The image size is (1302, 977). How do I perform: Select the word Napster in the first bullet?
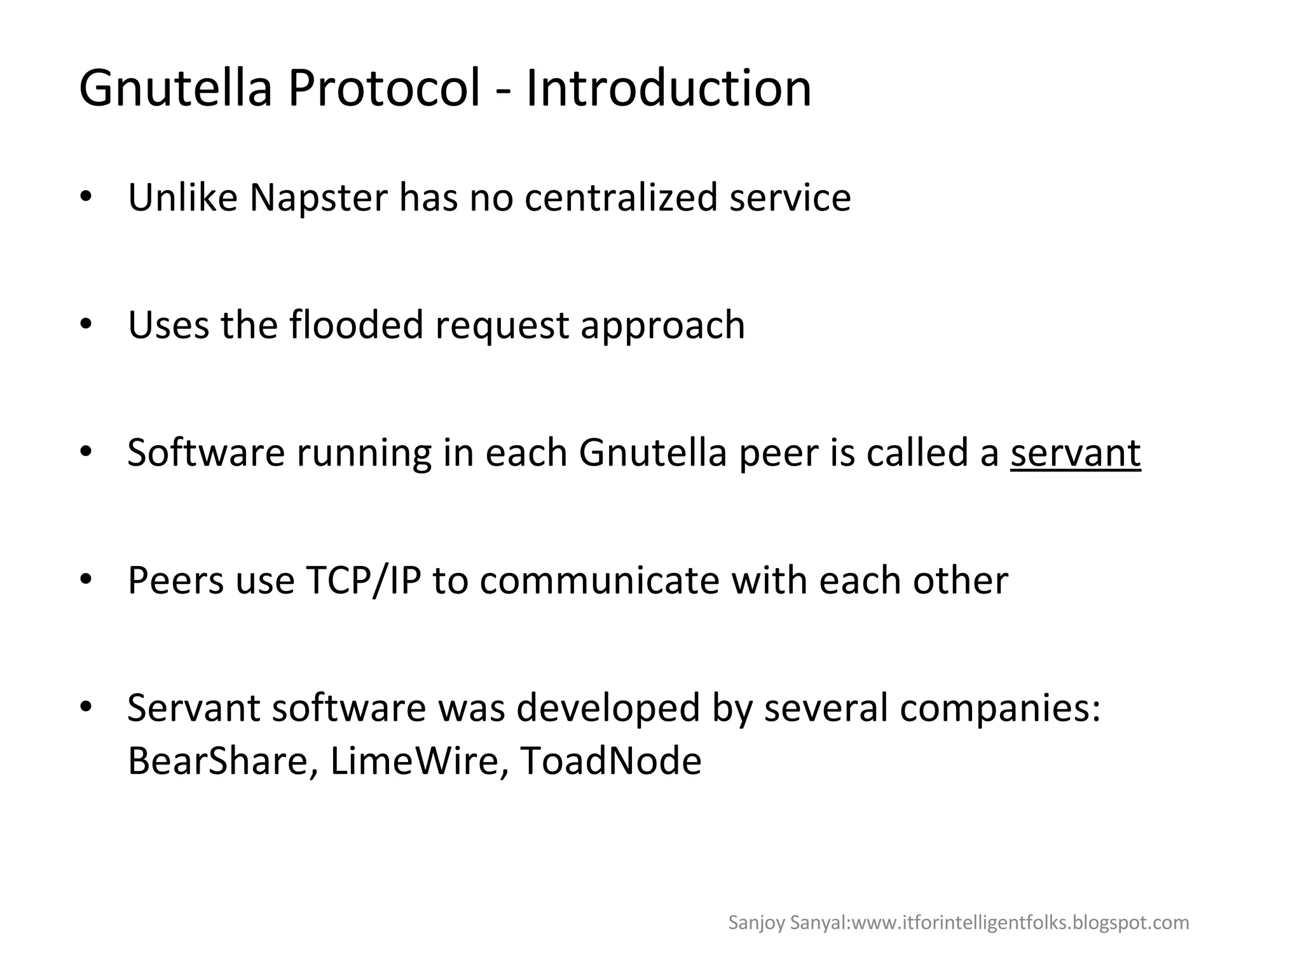pos(319,197)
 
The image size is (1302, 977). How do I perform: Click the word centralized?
pos(620,197)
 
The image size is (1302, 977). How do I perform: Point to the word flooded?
pos(356,325)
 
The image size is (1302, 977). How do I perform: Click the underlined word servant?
pos(1076,453)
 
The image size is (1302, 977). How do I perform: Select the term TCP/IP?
pos(363,581)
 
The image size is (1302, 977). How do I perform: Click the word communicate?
pos(600,581)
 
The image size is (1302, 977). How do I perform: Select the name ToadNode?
pos(610,761)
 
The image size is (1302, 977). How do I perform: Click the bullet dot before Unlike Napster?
pos(86,198)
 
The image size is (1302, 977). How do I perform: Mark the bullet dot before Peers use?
pos(86,581)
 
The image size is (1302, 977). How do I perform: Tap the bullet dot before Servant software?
pos(86,708)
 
